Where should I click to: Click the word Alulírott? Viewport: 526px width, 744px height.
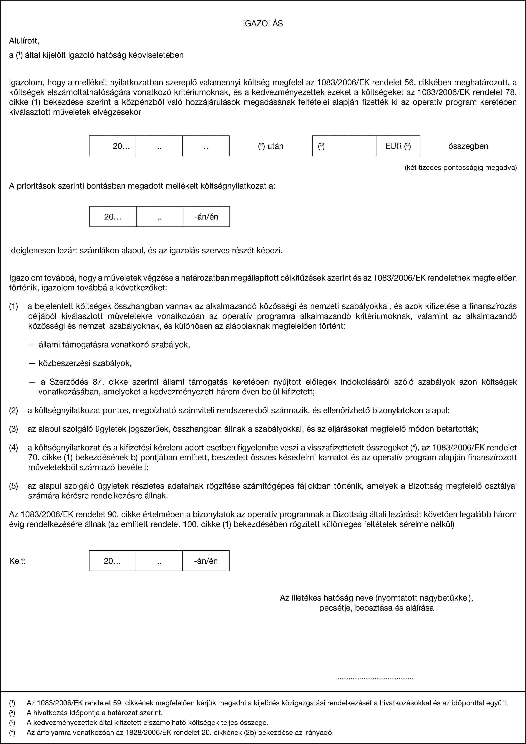coord(24,41)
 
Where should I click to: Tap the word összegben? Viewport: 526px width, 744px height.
coord(468,146)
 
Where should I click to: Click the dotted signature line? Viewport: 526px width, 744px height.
coord(375,678)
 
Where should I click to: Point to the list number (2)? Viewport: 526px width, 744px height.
coord(14,410)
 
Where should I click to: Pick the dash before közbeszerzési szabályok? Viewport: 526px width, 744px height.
coord(32,363)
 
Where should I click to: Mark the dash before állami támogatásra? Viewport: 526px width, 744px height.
coord(32,345)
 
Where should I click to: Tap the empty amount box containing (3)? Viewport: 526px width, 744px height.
coord(344,146)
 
